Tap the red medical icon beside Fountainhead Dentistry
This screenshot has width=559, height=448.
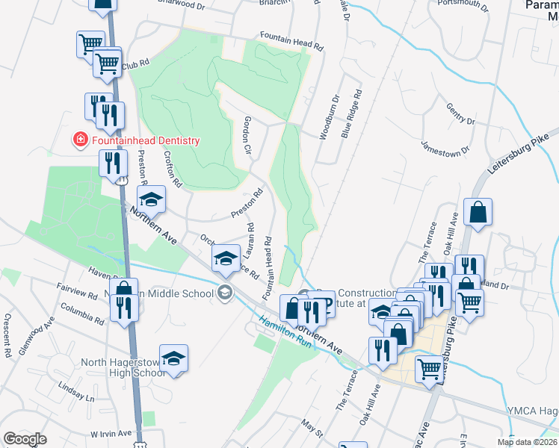click(78, 140)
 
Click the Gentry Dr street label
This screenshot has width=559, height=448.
click(460, 114)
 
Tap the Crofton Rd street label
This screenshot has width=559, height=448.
click(173, 169)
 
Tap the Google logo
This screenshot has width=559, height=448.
click(25, 439)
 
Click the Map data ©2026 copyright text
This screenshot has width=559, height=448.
click(526, 442)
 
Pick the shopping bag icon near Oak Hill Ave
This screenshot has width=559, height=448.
click(478, 212)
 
